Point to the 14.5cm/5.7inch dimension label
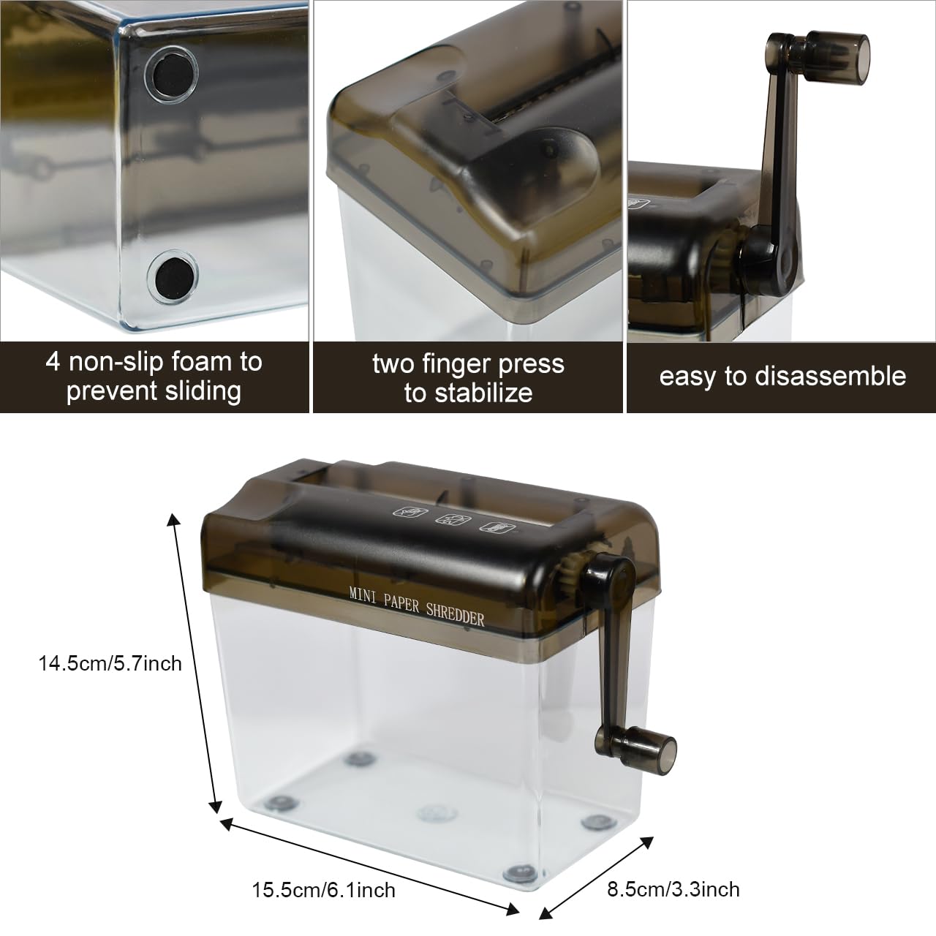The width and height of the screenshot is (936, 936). (x=110, y=663)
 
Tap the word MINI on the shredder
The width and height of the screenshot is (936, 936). (x=363, y=595)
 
